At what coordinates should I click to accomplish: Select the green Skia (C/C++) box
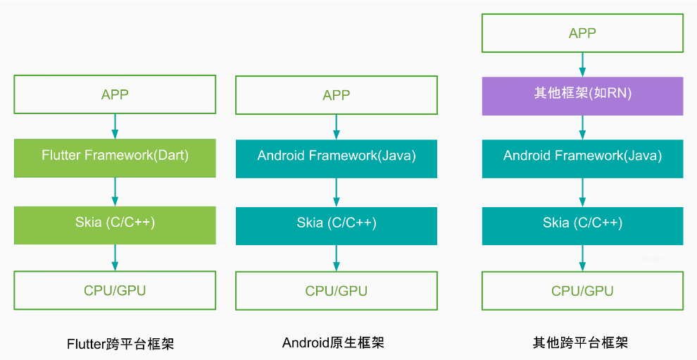tap(115, 225)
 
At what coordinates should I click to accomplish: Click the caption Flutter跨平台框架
tap(120, 344)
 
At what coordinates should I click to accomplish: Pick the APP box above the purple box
tap(582, 33)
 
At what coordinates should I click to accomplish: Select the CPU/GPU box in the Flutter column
tap(115, 290)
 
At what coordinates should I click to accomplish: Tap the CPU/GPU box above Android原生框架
tap(337, 291)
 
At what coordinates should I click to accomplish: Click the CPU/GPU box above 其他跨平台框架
tap(582, 291)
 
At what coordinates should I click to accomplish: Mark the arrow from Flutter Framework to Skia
tap(115, 191)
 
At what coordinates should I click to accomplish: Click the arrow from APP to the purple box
tap(582, 64)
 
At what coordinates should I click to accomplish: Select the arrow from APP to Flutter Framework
tap(115, 126)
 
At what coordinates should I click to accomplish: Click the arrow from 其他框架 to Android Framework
tap(582, 127)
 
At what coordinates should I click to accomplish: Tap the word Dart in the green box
tap(172, 156)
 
